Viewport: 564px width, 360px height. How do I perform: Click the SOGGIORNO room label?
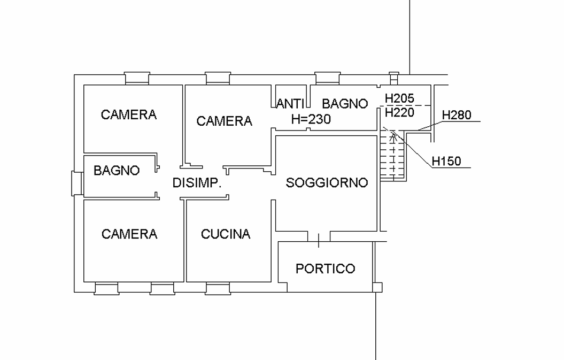(x=327, y=182)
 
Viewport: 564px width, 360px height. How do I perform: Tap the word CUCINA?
(x=226, y=234)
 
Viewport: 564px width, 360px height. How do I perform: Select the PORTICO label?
(x=325, y=269)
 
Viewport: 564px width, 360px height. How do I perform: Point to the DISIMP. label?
(x=197, y=183)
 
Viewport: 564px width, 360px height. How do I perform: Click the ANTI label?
(x=290, y=104)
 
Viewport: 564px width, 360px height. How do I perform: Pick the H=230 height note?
(x=311, y=119)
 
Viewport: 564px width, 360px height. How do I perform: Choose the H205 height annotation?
(x=399, y=98)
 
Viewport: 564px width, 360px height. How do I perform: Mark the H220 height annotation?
(x=399, y=113)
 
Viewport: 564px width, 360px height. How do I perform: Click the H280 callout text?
(x=457, y=115)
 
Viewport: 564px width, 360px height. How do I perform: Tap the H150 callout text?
(x=446, y=161)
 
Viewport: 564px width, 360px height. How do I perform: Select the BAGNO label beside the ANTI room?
(x=345, y=104)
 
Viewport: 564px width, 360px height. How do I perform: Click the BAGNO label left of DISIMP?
(x=117, y=170)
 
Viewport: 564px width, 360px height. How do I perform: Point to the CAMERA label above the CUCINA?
(x=224, y=121)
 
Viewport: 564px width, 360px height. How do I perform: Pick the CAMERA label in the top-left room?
(x=129, y=115)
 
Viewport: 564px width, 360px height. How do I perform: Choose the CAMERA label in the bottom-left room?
(x=129, y=234)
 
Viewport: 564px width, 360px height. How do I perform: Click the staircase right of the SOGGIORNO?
(x=393, y=156)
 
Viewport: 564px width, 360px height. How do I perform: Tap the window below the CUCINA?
(x=218, y=288)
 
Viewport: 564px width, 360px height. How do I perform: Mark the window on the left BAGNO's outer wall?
(x=78, y=183)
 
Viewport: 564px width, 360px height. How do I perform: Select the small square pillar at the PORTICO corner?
(x=377, y=287)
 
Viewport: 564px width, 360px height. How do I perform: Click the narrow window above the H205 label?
(x=394, y=78)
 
